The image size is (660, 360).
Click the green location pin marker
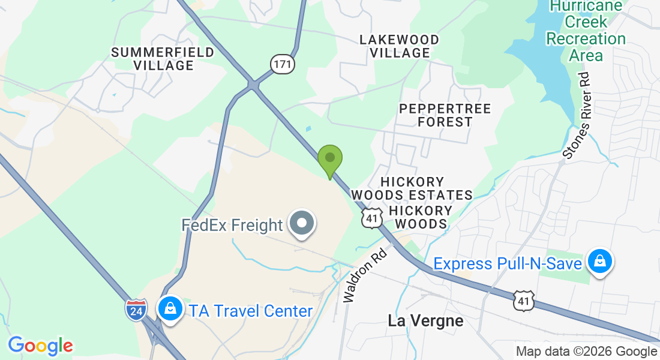tap(329, 160)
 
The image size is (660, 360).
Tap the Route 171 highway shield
tap(282, 63)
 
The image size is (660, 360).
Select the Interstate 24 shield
tap(136, 309)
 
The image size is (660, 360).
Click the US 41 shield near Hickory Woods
tap(372, 218)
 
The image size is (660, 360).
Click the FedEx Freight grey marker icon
tap(302, 224)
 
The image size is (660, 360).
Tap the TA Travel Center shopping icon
tap(170, 309)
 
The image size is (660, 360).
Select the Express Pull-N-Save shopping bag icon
tap(599, 262)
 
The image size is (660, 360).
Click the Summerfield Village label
tap(163, 59)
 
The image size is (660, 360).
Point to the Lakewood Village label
tap(400, 46)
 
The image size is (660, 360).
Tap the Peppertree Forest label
tap(445, 115)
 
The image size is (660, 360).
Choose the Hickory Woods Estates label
tap(412, 188)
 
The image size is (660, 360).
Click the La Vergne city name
tap(425, 320)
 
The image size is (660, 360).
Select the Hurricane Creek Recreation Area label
tap(586, 31)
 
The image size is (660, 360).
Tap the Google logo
tap(40, 346)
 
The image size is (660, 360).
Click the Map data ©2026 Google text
tap(586, 352)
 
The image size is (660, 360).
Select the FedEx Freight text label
tap(232, 225)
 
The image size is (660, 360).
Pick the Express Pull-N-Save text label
tap(508, 263)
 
